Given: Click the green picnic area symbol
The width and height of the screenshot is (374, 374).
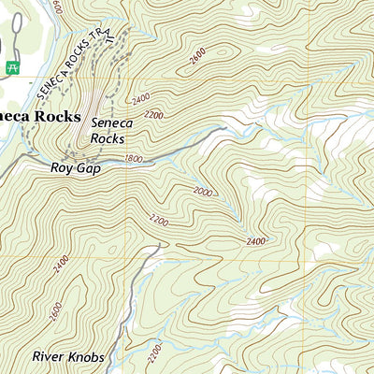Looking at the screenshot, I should click(12, 67).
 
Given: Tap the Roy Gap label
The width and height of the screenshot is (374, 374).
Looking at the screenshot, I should click(76, 170).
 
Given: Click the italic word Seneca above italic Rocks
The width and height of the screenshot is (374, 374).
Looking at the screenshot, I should click(113, 122).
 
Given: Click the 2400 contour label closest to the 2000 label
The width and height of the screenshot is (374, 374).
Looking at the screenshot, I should click(256, 241).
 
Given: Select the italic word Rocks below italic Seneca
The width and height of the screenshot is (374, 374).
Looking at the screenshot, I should click(108, 138).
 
